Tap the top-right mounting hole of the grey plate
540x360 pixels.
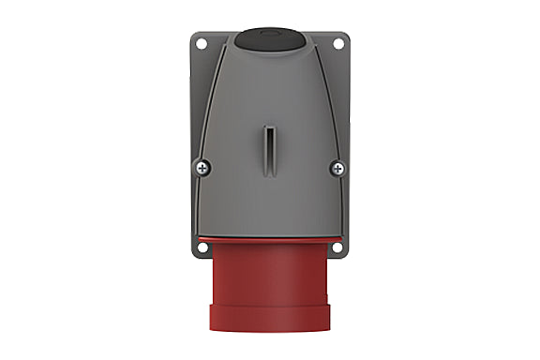point(339,42)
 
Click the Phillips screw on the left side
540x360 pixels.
point(203,168)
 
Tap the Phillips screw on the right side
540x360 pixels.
point(337,168)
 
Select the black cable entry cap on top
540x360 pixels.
point(270,39)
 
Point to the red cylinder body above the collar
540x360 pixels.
point(270,277)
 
